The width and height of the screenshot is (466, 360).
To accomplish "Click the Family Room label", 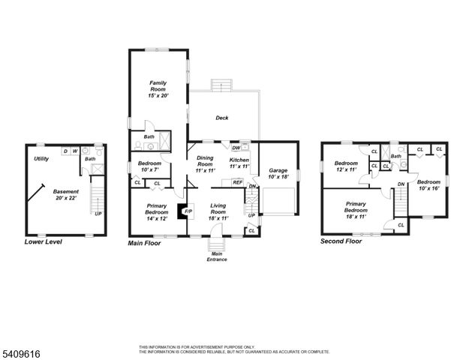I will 157,88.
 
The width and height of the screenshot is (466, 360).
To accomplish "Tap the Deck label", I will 221,118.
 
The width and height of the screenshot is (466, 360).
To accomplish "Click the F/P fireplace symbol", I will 188,212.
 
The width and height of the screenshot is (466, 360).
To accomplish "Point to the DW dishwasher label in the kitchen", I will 236,148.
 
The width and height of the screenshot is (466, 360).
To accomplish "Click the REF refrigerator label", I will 237,182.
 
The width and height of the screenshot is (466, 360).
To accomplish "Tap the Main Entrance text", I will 216,257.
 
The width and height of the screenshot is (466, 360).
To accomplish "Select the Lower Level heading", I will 44,242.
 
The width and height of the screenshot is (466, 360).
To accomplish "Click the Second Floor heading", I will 341,241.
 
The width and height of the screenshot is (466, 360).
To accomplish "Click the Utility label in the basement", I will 41,159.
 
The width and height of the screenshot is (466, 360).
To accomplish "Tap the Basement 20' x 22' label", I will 65,195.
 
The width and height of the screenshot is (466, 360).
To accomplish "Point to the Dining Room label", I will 206,164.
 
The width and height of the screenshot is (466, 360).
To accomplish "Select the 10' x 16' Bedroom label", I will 428,185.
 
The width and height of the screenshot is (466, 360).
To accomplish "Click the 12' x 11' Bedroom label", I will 346,167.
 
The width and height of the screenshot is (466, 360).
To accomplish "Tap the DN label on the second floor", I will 401,184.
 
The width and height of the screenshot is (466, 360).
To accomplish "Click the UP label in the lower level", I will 98,214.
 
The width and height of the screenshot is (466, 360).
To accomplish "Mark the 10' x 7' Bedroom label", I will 151,167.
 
